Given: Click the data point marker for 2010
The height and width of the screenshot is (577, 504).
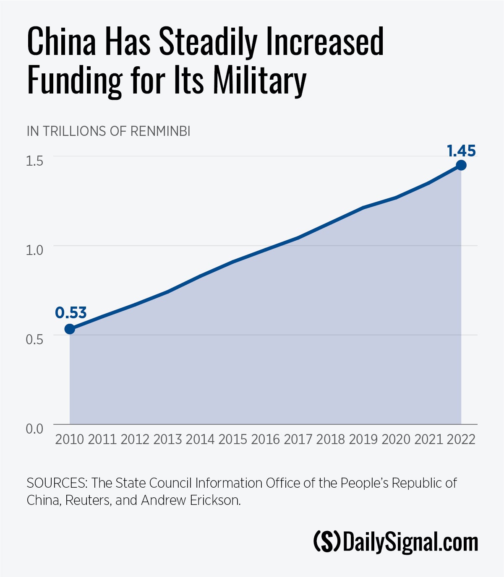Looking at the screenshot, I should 70,329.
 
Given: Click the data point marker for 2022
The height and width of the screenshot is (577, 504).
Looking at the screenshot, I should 461,165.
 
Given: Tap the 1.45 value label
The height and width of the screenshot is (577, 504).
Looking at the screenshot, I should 461,151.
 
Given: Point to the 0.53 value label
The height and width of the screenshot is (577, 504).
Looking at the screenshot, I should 71,313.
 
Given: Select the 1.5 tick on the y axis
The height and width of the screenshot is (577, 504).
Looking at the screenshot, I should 34,161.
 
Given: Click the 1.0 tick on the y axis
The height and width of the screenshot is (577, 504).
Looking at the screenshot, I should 34,250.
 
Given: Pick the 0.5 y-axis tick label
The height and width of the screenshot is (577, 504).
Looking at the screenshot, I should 34,339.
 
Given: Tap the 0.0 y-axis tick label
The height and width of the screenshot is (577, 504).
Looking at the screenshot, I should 34,429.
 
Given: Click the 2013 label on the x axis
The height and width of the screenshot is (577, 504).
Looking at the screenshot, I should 167,439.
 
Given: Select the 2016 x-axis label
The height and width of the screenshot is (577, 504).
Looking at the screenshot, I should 265,439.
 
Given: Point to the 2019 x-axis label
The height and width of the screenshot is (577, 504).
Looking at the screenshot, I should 363,439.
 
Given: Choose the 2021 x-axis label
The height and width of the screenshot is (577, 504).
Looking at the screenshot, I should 428,439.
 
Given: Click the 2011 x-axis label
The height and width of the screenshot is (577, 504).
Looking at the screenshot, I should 102,439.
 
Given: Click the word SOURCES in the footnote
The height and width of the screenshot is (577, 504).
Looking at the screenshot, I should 57,483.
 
